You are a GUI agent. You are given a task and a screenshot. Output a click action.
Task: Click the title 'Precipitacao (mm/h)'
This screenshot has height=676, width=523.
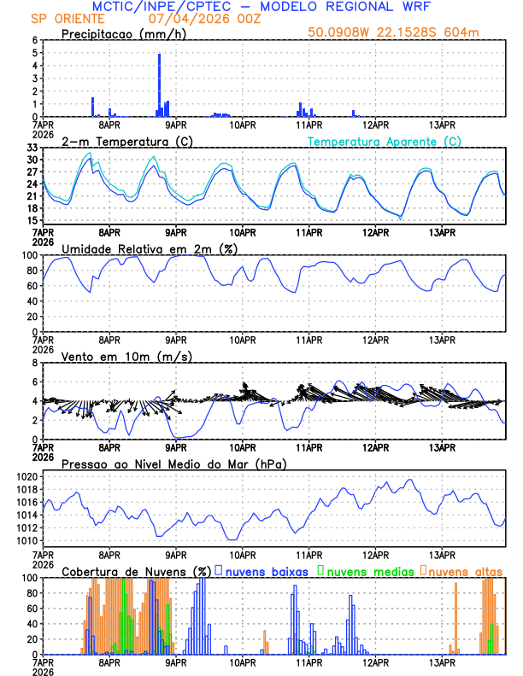pyautogui.click(x=119, y=34)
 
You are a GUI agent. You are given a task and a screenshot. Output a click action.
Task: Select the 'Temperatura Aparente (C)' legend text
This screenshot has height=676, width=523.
pyautogui.click(x=385, y=141)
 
